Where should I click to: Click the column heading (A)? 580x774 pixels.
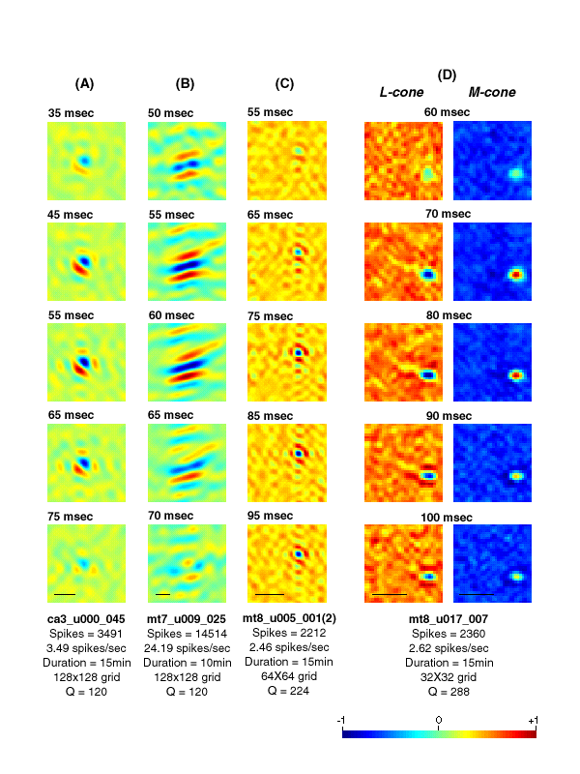click(84, 84)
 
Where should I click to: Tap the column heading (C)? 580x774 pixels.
click(284, 84)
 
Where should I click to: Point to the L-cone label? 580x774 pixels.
click(397, 93)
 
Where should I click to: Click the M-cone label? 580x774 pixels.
click(491, 93)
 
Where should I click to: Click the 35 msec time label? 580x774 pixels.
click(70, 113)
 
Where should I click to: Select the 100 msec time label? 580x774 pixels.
click(447, 518)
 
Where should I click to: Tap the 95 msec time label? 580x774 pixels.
click(269, 516)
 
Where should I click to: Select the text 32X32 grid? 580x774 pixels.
click(447, 678)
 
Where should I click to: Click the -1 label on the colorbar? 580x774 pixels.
click(341, 721)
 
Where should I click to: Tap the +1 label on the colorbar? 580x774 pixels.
click(534, 721)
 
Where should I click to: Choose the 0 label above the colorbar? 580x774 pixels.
click(438, 721)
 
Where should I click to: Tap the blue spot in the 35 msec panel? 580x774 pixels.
click(84, 160)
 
